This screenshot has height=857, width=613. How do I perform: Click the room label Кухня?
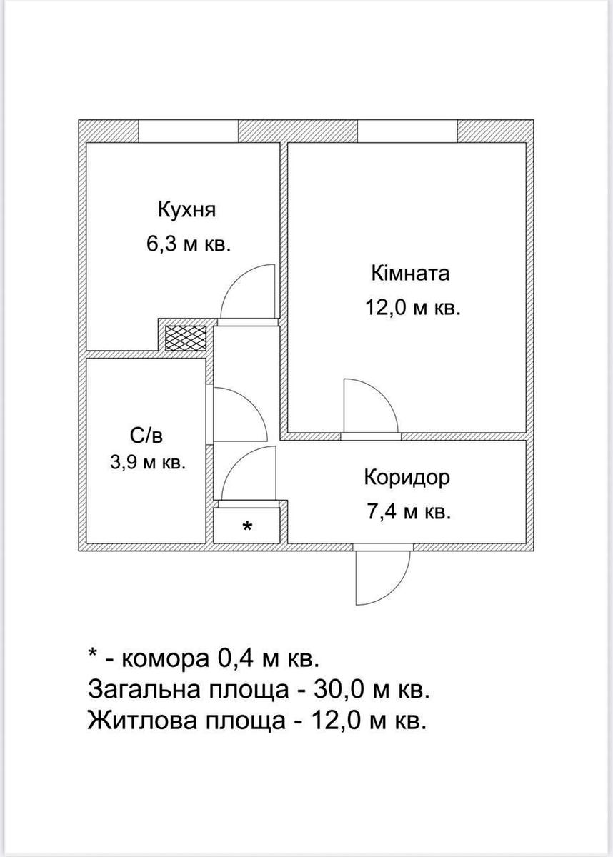click(x=186, y=211)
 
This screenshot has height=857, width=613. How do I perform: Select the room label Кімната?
click(x=410, y=274)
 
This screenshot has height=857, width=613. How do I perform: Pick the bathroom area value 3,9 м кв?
click(x=148, y=462)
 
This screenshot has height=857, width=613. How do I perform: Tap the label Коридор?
click(x=407, y=477)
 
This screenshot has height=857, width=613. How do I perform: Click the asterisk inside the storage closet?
click(x=247, y=528)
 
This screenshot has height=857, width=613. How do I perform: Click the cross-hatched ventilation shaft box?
click(x=186, y=337)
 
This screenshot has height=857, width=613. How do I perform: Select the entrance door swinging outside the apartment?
click(x=383, y=577)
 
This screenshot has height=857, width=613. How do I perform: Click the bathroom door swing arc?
click(x=239, y=414)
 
